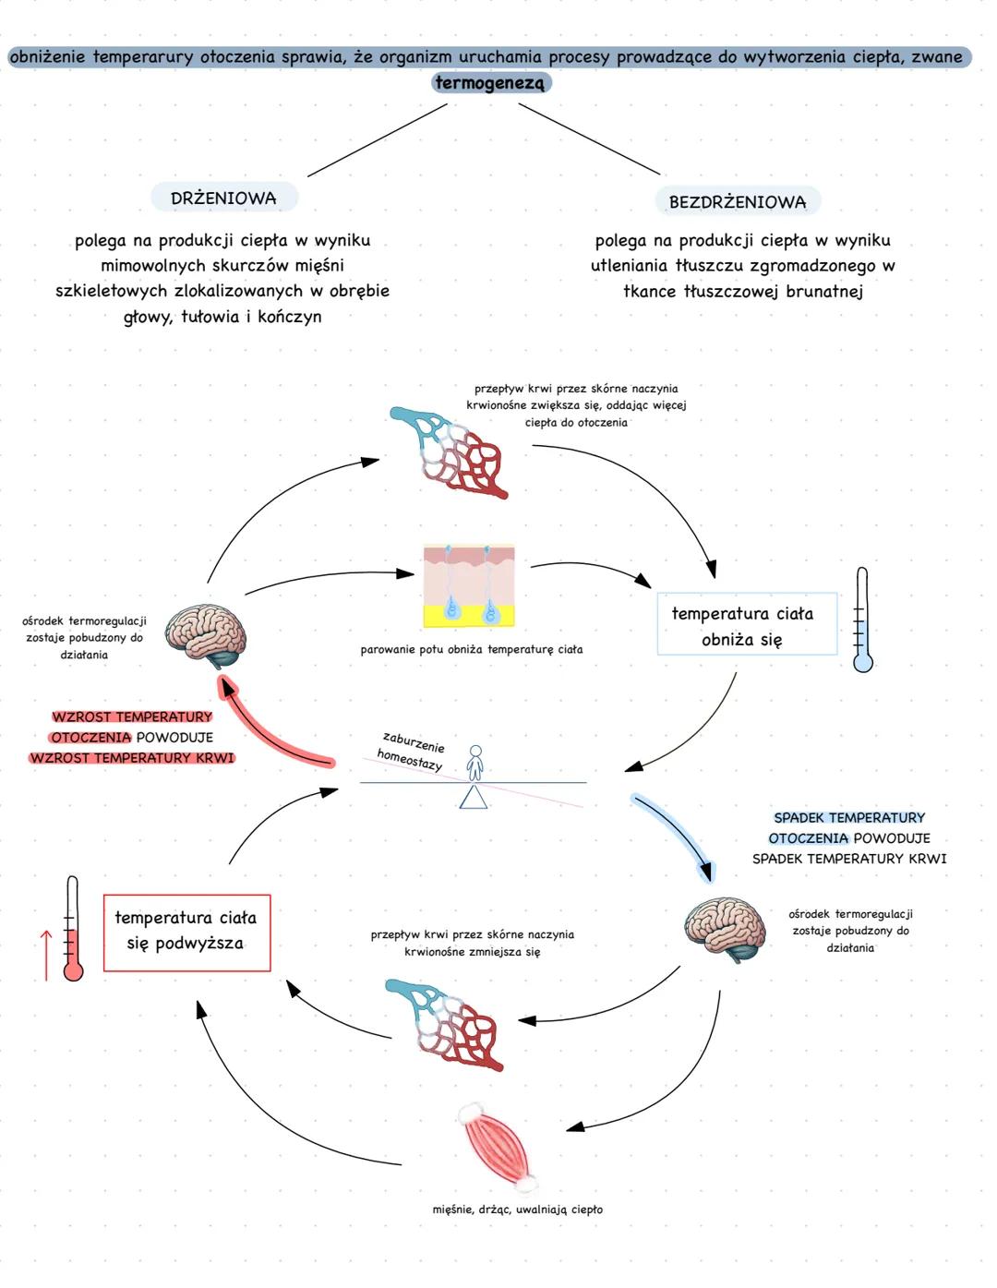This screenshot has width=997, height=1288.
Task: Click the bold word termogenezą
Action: coord(490,83)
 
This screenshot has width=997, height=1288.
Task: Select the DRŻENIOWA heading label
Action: coord(223,198)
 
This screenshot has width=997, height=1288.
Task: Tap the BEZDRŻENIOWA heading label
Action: coord(738,201)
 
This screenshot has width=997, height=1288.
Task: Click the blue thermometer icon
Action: coord(862,620)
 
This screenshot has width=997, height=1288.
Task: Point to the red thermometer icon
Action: coord(72,929)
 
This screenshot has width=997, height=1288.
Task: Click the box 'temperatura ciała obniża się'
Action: coord(746,625)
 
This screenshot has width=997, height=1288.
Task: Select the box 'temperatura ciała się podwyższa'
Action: coord(186,932)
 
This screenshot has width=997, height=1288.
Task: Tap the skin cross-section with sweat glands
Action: coord(469,585)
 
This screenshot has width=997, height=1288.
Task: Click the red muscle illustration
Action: coord(498,1147)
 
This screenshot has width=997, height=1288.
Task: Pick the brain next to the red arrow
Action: coord(207,634)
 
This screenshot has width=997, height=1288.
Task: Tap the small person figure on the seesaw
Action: coord(474,763)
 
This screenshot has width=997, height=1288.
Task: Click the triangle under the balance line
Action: coord(474,798)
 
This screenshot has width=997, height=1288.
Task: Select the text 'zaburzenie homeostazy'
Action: coord(411,752)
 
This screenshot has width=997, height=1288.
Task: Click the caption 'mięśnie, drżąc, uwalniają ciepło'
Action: coord(517,1209)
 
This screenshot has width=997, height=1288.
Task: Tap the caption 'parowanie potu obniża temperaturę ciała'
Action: coord(471,649)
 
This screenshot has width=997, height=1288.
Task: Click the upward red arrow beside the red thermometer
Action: coord(45,955)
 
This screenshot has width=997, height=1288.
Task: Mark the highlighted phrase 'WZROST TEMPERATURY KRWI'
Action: coord(132,758)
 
